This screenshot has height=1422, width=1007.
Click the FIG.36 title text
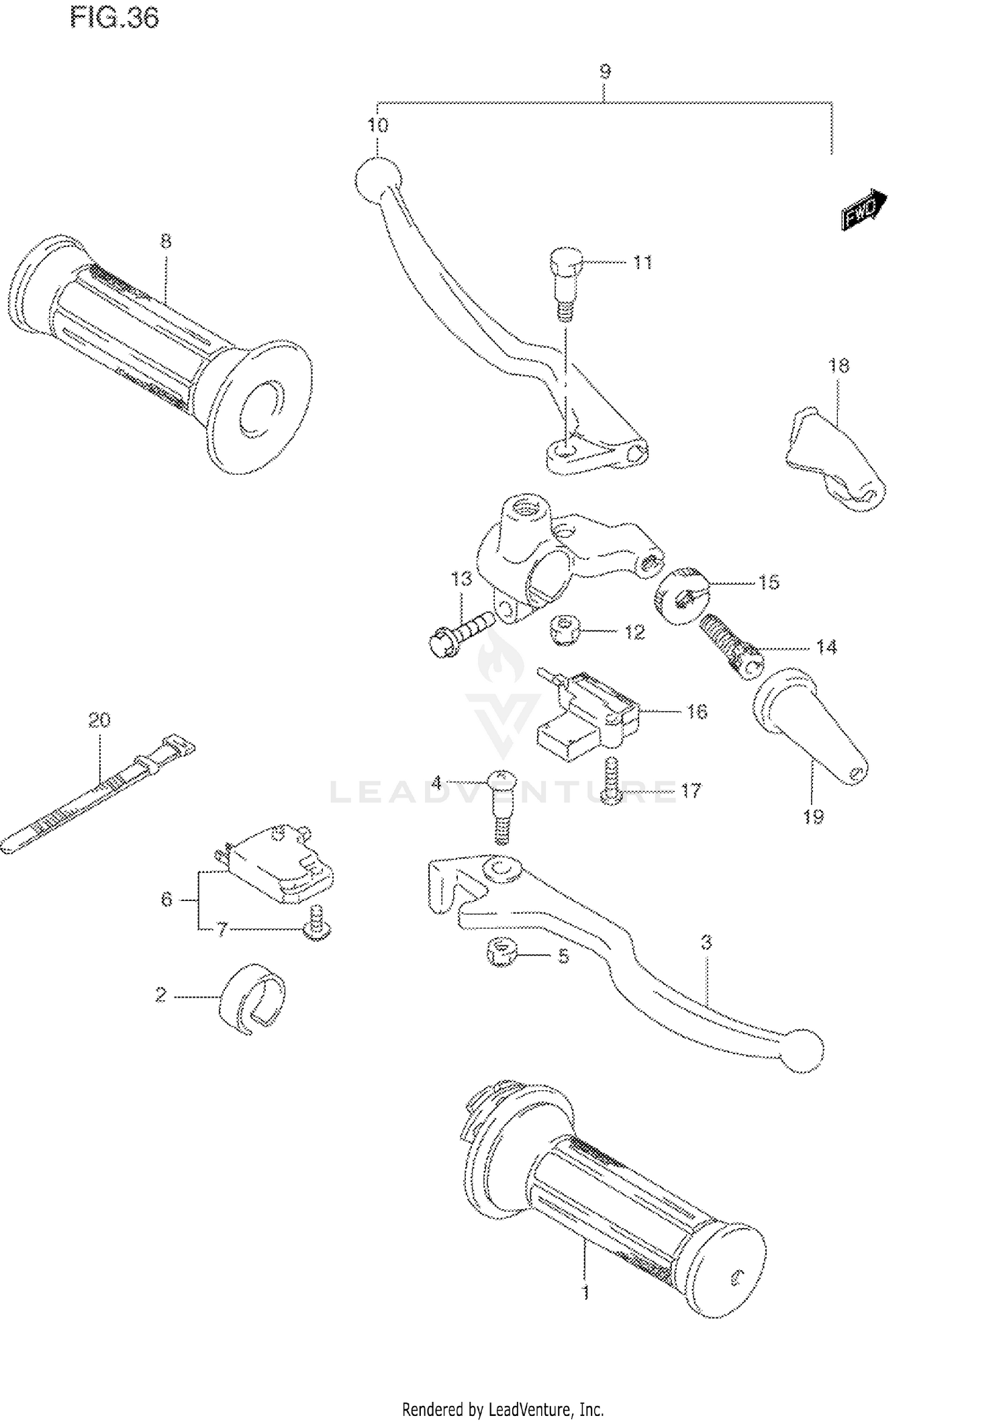tap(115, 18)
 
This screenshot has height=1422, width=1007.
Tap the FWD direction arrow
tap(865, 210)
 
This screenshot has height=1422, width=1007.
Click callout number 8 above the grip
tap(166, 241)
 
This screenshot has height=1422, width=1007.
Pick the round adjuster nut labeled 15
tap(680, 596)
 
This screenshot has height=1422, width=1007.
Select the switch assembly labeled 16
tap(586, 717)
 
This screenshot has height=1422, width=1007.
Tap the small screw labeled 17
tap(610, 781)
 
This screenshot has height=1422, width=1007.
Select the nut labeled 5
tap(501, 953)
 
